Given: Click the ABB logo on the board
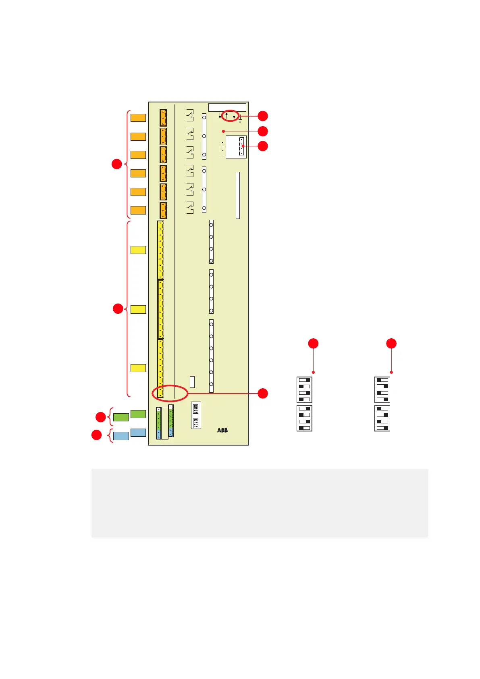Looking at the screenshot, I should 222,430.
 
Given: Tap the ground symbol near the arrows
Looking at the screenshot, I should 240,119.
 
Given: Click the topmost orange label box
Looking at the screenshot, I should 138,118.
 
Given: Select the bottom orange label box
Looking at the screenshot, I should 138,210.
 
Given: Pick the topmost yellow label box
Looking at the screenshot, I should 138,250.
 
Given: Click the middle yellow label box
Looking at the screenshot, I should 138,309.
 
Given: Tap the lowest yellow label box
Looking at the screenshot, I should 138,368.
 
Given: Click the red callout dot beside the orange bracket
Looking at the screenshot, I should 116,164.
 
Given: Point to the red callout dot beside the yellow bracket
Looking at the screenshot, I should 118,309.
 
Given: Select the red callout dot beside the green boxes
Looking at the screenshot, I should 100,417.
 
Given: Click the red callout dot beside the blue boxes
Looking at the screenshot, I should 96,435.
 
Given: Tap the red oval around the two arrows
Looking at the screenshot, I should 230,115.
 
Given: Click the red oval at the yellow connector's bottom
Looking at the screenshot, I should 170,393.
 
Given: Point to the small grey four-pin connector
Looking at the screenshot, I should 241,146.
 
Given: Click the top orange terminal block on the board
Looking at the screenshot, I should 163,118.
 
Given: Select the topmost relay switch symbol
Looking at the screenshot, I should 190,115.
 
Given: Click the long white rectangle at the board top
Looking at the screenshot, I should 227,107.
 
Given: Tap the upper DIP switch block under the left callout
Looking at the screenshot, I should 304,389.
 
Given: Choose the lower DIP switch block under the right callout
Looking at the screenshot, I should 382,418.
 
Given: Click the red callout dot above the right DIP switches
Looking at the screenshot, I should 391,344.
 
